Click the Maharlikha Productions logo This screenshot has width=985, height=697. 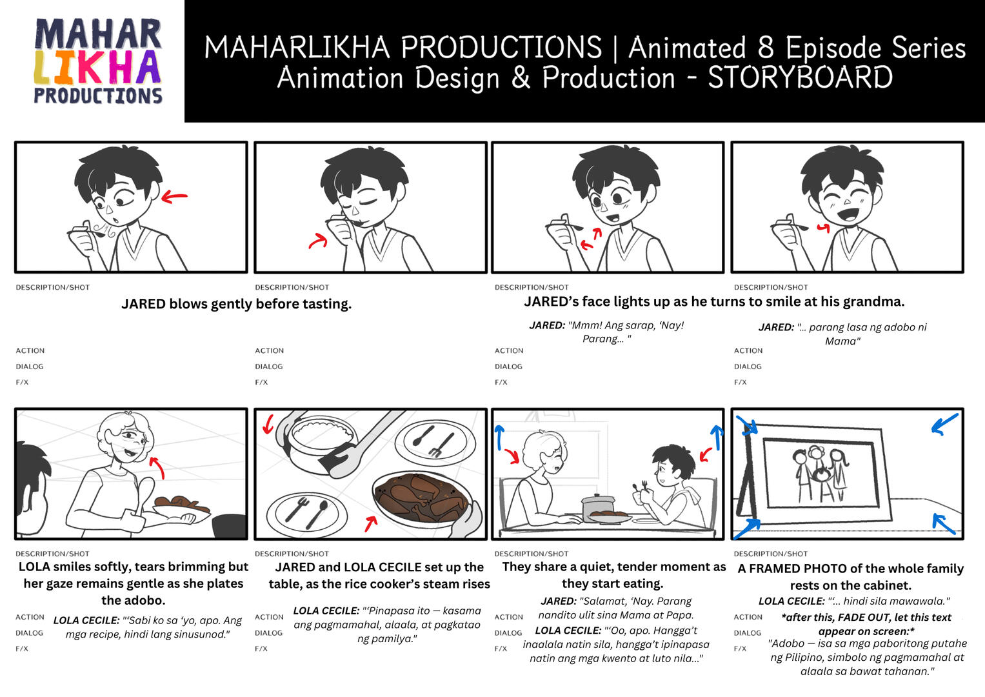click(x=97, y=61)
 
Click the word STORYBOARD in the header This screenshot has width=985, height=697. click(x=800, y=78)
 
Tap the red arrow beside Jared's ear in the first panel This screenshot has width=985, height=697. click(x=174, y=196)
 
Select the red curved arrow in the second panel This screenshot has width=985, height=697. click(x=317, y=240)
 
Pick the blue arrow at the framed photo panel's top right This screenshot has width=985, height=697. click(x=944, y=424)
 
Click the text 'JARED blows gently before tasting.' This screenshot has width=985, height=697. click(x=236, y=304)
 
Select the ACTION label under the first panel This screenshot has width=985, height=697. click(x=30, y=350)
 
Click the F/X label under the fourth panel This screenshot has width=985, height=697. click(x=740, y=382)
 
